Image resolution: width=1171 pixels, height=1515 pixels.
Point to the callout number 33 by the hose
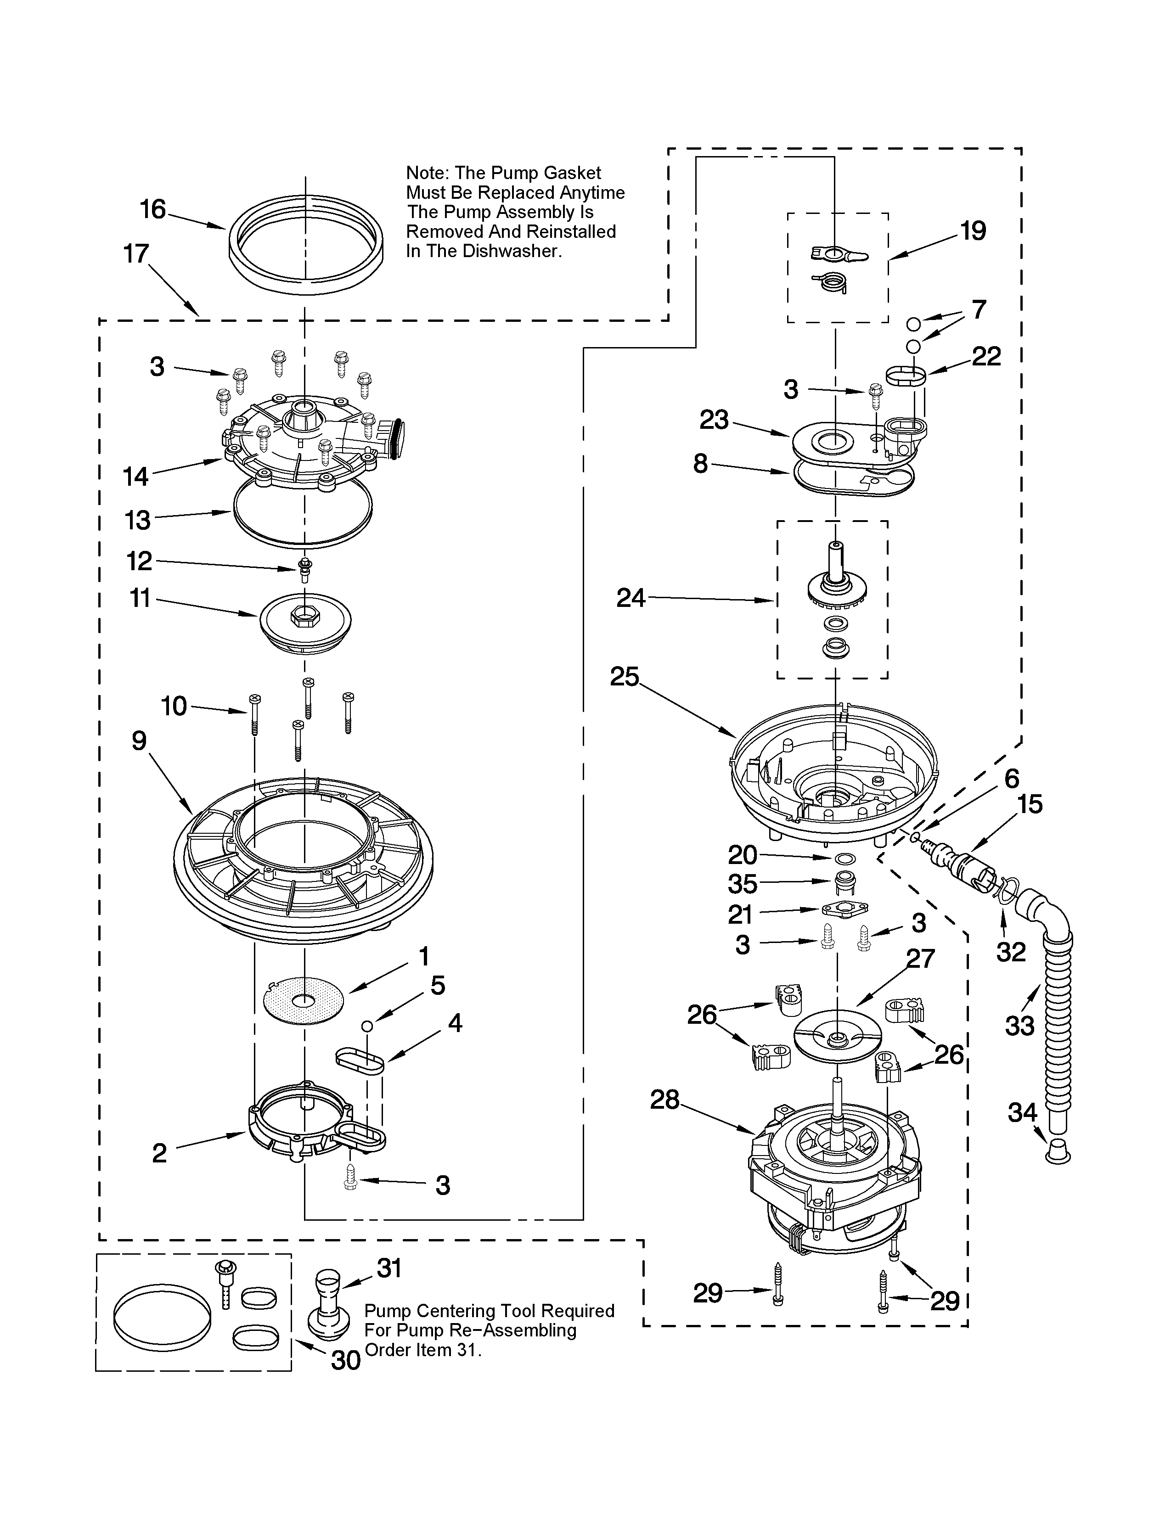[x=1020, y=1025]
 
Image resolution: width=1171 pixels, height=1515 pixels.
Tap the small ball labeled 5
[x=367, y=1025]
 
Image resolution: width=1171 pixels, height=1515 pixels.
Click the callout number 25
[x=625, y=676]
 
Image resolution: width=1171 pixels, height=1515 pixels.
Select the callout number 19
[x=973, y=230]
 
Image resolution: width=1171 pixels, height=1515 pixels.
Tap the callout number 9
[x=140, y=741]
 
